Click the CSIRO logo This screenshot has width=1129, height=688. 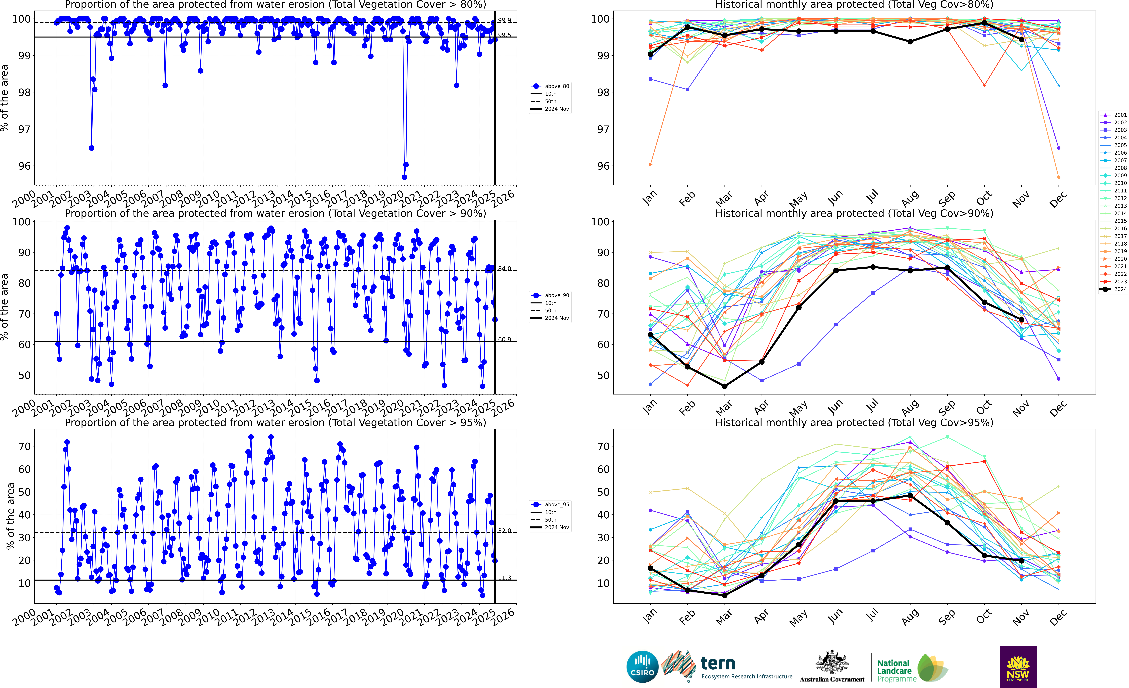pos(642,666)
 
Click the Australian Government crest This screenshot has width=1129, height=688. pos(832,663)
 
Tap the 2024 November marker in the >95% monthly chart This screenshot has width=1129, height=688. pos(1021,561)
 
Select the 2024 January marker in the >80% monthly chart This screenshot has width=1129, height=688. pos(650,54)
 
